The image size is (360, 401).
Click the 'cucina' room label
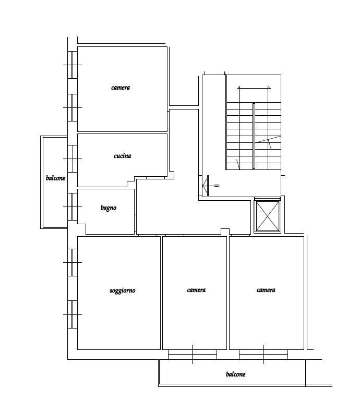coord(122,156)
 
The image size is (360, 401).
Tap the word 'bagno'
coord(109,208)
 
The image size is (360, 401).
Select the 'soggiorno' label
coord(122,290)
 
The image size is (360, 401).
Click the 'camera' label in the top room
coord(121,88)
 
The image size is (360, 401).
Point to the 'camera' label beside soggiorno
coord(196,290)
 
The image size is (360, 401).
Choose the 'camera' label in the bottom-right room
coord(266,290)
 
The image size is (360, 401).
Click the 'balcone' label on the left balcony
coord(55,178)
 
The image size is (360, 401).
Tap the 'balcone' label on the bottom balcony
coord(236,374)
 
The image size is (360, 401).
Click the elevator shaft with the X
coord(267,216)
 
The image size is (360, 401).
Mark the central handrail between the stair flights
coord(254,136)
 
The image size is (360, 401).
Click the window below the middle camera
coord(193,355)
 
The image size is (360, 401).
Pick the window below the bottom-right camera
coord(263,355)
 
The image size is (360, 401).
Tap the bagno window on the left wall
coord(73,206)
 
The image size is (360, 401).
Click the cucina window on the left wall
coord(73,159)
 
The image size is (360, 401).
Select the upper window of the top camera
coord(73,65)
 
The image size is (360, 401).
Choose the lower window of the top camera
coord(73,107)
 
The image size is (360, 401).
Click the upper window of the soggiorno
coord(73,262)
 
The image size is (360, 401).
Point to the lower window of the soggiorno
coord(73,314)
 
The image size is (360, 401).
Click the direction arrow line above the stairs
coord(254,88)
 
